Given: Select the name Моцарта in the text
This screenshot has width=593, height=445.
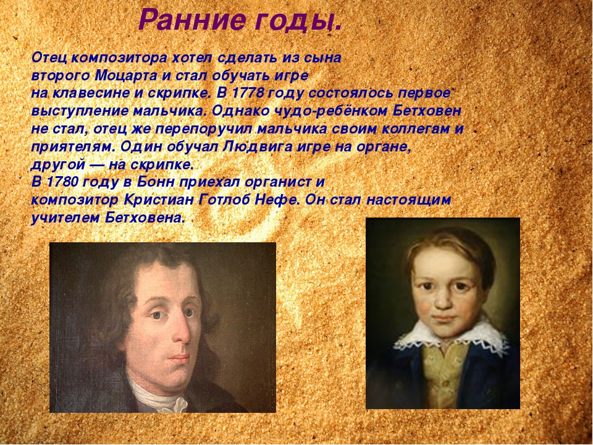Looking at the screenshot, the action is click(125, 75).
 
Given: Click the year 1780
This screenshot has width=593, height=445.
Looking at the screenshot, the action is click(62, 182).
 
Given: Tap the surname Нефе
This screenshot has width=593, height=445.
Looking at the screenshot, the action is click(274, 200).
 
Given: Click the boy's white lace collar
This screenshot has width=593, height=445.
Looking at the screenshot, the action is click(450, 337).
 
